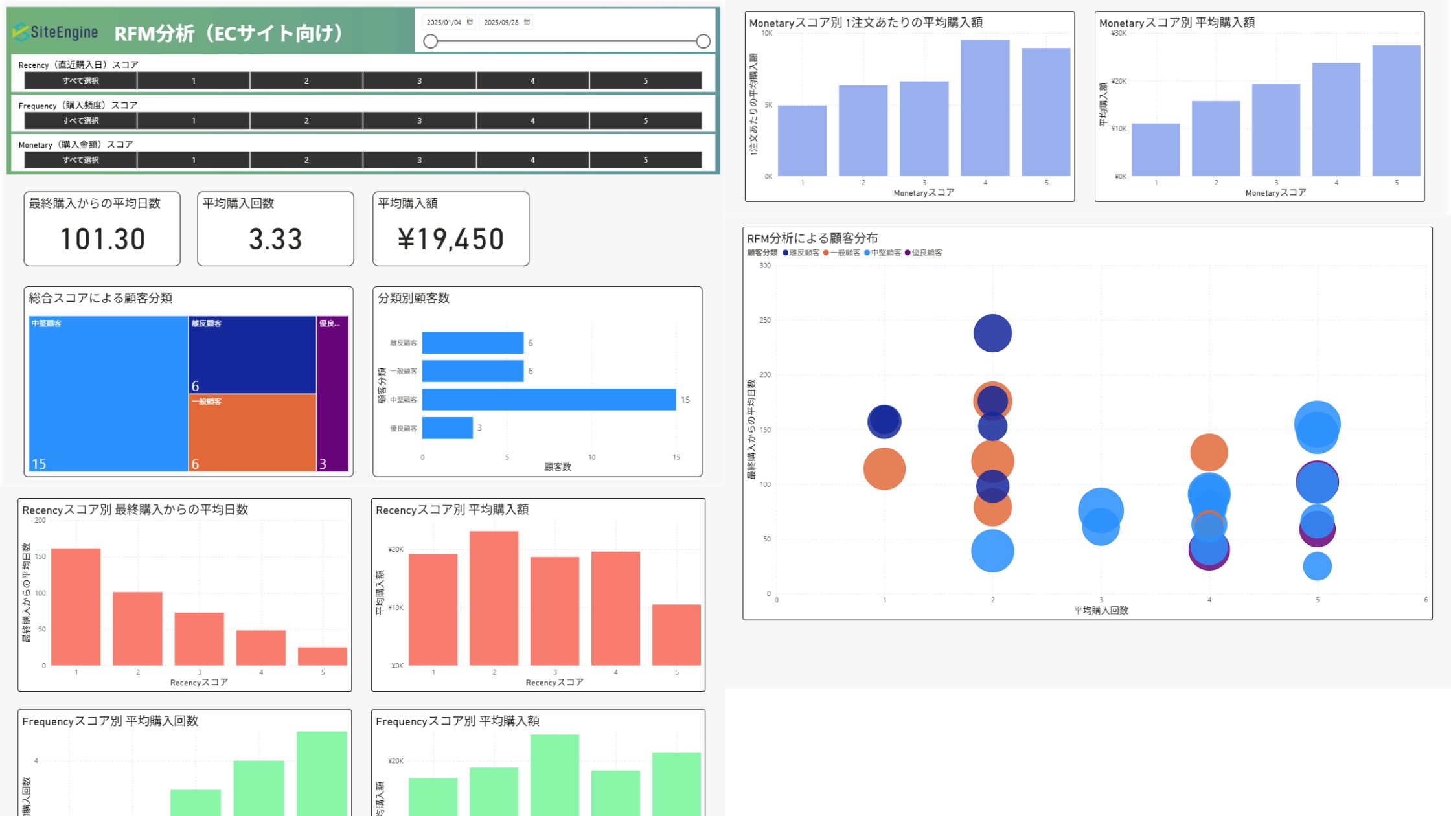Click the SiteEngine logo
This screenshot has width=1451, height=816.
[x=56, y=32]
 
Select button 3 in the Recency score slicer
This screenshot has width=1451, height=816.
[x=419, y=81]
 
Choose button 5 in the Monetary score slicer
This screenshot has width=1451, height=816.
[x=645, y=160]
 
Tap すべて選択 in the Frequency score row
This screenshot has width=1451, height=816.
[x=80, y=120]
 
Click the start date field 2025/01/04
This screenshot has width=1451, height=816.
[x=444, y=22]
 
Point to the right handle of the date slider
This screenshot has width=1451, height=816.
[x=703, y=41]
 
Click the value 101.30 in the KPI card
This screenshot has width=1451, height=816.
[x=102, y=239]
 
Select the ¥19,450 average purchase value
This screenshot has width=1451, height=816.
[x=450, y=239]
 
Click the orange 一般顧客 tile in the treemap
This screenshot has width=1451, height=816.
[x=252, y=433]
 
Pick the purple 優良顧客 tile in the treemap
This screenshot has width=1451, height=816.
[x=332, y=393]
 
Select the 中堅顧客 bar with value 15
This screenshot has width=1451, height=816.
[x=549, y=400]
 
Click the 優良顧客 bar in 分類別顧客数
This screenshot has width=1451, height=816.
[x=447, y=428]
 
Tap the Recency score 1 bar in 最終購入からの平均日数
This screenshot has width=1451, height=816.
[x=76, y=607]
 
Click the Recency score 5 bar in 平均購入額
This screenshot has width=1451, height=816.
[x=676, y=635]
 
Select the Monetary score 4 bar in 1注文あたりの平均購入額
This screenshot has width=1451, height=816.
[x=985, y=108]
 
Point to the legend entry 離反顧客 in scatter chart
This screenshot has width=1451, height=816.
[x=803, y=253]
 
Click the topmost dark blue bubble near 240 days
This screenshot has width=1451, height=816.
[x=992, y=333]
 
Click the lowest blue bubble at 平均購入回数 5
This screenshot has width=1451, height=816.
[x=1317, y=566]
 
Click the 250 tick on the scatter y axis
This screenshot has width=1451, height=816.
[x=765, y=320]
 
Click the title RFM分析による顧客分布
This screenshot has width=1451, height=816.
[x=812, y=238]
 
